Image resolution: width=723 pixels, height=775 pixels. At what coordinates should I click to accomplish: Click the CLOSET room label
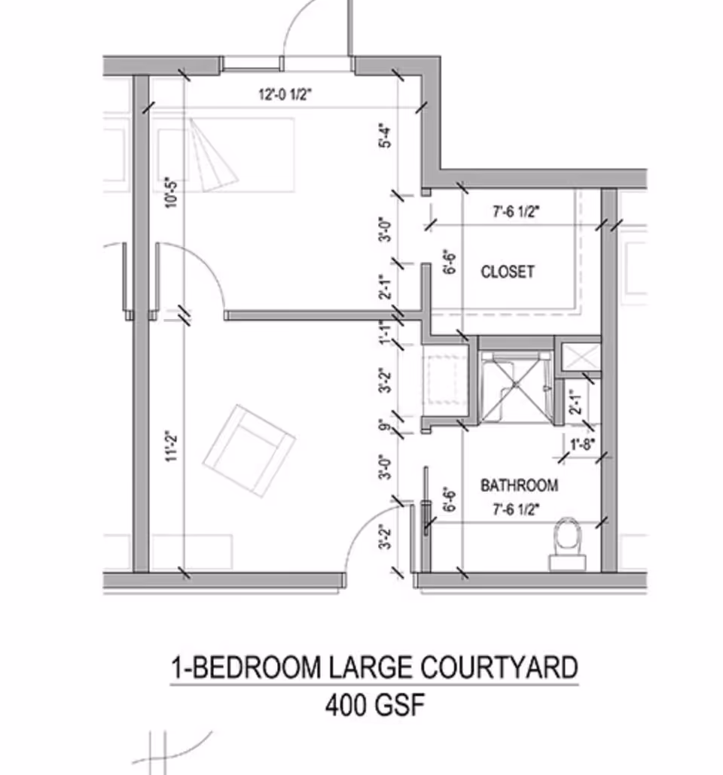tap(508, 272)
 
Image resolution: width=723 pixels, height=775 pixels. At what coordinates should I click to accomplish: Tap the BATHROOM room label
tap(519, 485)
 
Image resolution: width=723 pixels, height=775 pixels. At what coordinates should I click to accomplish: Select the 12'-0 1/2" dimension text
tap(285, 95)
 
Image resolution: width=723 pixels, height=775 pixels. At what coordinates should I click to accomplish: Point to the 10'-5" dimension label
tap(172, 194)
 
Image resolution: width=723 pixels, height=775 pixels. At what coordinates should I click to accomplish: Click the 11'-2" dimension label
tap(172, 446)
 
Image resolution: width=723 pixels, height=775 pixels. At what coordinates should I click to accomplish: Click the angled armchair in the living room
tap(249, 451)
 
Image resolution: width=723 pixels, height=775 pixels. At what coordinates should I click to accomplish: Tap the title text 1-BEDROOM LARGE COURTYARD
tap(375, 667)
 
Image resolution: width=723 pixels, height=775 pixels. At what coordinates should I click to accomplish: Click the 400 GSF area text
tap(375, 706)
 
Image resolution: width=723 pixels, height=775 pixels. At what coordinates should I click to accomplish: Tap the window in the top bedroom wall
tap(252, 64)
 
